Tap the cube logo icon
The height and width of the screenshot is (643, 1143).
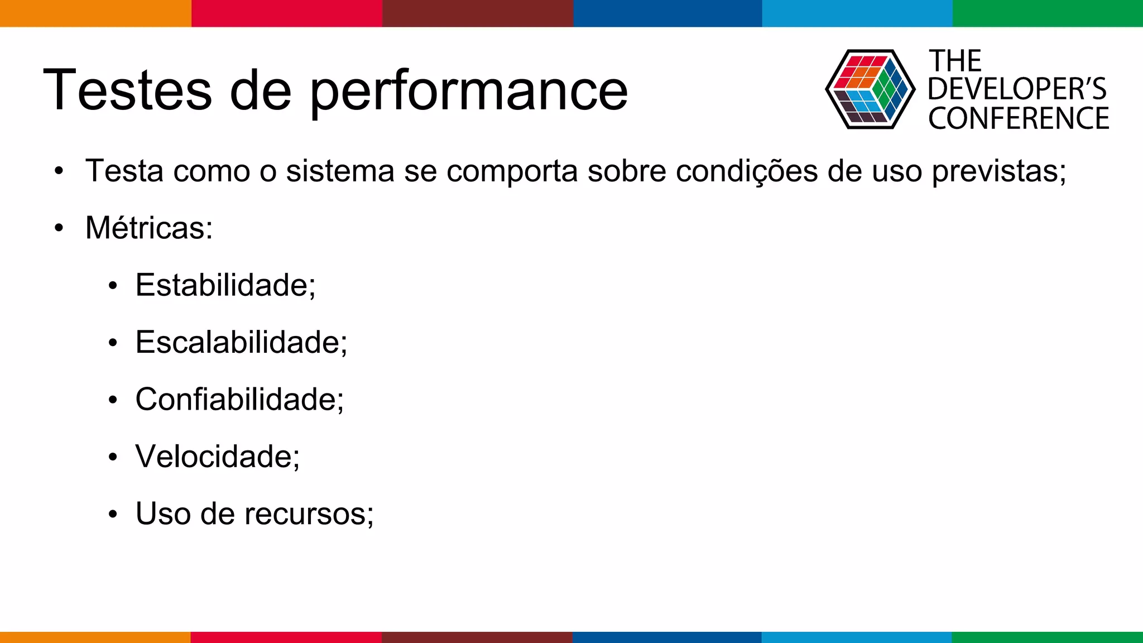(x=870, y=89)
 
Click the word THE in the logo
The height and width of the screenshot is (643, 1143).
(x=955, y=61)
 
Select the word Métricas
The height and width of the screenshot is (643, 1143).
(x=149, y=228)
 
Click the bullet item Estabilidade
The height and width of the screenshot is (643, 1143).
(x=225, y=285)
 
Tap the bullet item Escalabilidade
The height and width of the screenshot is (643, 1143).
(x=241, y=342)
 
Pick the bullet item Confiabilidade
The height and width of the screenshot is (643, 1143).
(x=239, y=400)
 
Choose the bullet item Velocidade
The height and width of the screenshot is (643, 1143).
(x=218, y=457)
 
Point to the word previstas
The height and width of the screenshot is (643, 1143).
(x=999, y=171)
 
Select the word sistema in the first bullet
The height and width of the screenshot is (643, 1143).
(x=340, y=171)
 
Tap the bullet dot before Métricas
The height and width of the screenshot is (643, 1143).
(x=59, y=228)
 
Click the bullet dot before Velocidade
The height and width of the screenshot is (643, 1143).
(x=113, y=457)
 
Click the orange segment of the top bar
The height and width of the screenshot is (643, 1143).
(x=95, y=13)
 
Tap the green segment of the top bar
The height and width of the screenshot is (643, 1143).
(x=1048, y=13)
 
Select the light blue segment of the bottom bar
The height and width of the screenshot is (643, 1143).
(x=857, y=637)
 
